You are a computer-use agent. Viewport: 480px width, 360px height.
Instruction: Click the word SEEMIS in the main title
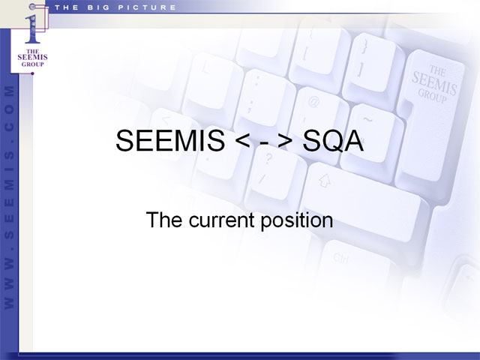tap(170, 140)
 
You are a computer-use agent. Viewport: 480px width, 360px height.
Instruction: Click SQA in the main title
tap(333, 141)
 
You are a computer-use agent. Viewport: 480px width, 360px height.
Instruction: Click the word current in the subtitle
tap(221, 220)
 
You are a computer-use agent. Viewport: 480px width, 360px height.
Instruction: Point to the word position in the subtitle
tap(297, 220)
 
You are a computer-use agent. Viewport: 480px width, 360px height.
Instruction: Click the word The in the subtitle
tap(165, 220)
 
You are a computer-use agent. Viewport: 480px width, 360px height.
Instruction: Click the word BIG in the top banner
tap(98, 7)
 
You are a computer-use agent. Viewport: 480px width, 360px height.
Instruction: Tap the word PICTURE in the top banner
tap(147, 7)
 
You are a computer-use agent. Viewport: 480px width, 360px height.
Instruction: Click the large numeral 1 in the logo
tap(32, 28)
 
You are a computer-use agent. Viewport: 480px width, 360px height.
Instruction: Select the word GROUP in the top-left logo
tap(32, 64)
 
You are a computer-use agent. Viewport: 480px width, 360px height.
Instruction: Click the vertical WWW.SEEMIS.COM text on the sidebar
tap(9, 197)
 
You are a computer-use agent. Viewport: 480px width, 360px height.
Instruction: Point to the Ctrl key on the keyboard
tap(340, 258)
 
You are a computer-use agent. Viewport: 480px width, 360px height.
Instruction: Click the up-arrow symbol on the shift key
tap(325, 181)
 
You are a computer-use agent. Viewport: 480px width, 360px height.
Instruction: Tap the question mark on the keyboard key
tap(268, 158)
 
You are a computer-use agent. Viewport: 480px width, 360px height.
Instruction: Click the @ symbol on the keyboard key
tap(313, 102)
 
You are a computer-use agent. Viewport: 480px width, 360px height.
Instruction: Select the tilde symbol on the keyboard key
tap(367, 119)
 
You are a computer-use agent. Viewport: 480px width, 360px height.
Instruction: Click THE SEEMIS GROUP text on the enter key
tap(434, 83)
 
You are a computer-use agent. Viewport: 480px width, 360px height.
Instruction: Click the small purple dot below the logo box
tap(32, 73)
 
